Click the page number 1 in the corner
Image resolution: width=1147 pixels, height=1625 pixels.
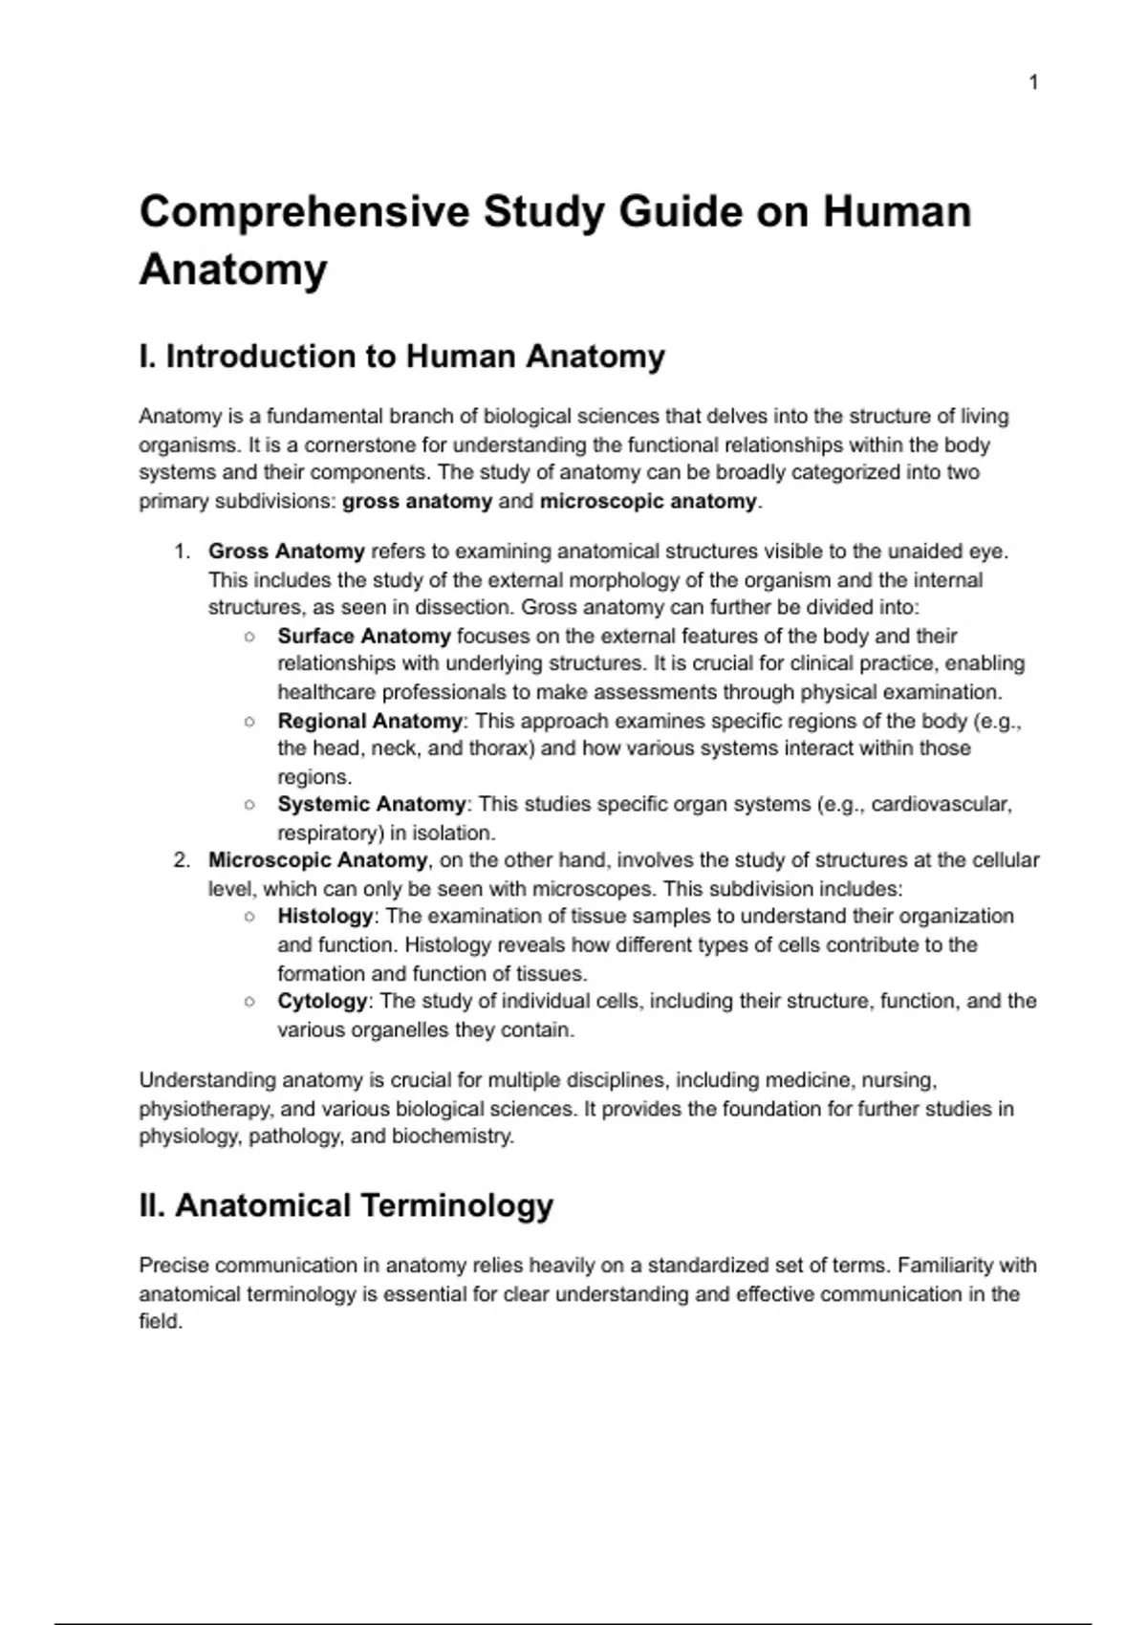pos(1033,83)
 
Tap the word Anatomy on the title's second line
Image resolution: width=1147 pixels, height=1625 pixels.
pos(233,269)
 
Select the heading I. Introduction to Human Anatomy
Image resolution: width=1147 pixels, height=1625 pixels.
pos(401,357)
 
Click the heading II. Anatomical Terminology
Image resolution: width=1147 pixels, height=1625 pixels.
pos(346,1205)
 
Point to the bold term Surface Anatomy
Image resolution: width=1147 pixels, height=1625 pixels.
pos(363,636)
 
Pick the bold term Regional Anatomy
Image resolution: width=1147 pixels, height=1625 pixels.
pos(369,721)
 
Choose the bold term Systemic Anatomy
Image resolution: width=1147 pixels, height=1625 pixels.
pos(371,804)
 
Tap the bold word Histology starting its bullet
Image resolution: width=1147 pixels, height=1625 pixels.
pos(324,916)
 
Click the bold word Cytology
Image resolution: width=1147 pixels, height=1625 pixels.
pos(321,1001)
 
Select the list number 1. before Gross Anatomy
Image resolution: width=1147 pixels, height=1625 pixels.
pos(182,552)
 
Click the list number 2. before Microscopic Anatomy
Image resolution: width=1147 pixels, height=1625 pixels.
pos(182,860)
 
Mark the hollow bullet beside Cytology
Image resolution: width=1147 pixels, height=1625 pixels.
pos(249,1002)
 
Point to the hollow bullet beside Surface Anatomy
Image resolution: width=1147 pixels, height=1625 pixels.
pos(249,637)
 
